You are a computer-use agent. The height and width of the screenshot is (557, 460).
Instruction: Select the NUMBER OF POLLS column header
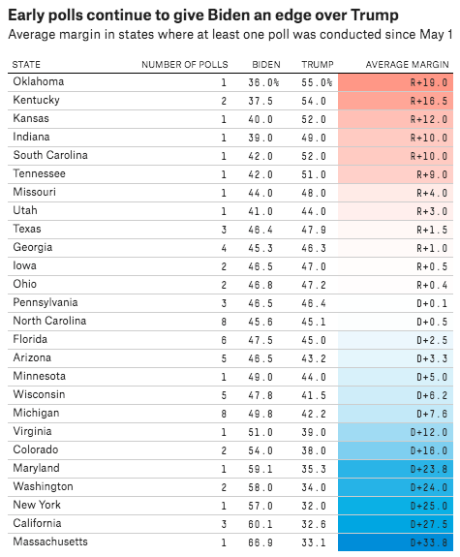tap(185, 65)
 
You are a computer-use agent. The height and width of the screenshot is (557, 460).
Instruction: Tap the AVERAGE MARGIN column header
tap(408, 65)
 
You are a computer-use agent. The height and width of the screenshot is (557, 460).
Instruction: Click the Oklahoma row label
tap(39, 81)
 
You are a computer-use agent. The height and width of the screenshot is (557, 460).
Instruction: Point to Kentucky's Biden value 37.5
tap(261, 101)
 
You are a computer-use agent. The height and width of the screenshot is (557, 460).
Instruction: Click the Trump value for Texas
tap(314, 230)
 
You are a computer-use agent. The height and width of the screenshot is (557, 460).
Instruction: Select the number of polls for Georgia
tap(224, 248)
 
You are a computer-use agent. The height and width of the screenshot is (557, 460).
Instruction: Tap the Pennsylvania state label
tap(46, 302)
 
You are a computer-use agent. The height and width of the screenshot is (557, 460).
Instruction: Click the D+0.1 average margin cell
tap(432, 303)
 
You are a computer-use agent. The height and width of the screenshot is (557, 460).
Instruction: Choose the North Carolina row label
tap(49, 321)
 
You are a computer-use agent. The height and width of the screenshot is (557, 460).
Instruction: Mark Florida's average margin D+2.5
tap(432, 340)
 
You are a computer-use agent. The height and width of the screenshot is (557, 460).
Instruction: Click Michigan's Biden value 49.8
tap(261, 414)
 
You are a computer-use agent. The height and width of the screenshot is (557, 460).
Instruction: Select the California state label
tap(37, 523)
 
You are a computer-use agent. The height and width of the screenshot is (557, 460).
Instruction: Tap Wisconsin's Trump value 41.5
tap(314, 395)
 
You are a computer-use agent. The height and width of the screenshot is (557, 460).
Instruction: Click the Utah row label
tap(25, 210)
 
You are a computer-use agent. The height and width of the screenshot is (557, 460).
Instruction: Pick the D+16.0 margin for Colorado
tap(429, 450)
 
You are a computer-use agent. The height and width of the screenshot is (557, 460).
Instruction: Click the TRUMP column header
tap(318, 65)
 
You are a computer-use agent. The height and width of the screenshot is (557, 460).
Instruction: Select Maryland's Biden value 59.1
tap(261, 469)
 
